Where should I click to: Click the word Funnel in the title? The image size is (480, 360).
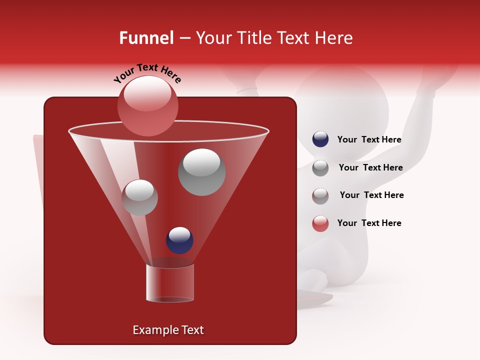click(x=146, y=38)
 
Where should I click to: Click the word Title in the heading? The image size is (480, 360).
click(x=253, y=38)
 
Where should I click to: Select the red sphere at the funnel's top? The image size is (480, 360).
click(x=148, y=105)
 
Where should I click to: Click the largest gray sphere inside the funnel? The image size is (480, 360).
click(x=201, y=172)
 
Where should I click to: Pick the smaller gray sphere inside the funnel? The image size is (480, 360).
click(x=139, y=197)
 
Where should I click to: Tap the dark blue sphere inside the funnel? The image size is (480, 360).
click(x=179, y=240)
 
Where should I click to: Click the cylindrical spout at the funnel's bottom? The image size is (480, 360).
click(x=169, y=282)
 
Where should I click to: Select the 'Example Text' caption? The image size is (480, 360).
click(x=168, y=330)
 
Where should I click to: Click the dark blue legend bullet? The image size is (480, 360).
click(x=320, y=139)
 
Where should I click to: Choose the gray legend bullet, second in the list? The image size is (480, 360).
click(x=320, y=167)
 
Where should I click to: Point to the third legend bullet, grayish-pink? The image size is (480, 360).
click(x=320, y=195)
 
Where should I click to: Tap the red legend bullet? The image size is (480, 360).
click(x=320, y=223)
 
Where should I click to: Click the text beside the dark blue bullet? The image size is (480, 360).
click(x=369, y=140)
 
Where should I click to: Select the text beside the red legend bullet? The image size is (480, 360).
click(x=369, y=223)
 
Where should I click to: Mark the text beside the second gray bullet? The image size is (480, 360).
click(x=370, y=167)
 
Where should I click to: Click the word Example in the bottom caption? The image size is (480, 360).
click(x=151, y=330)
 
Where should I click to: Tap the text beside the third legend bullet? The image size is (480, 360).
click(x=371, y=195)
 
